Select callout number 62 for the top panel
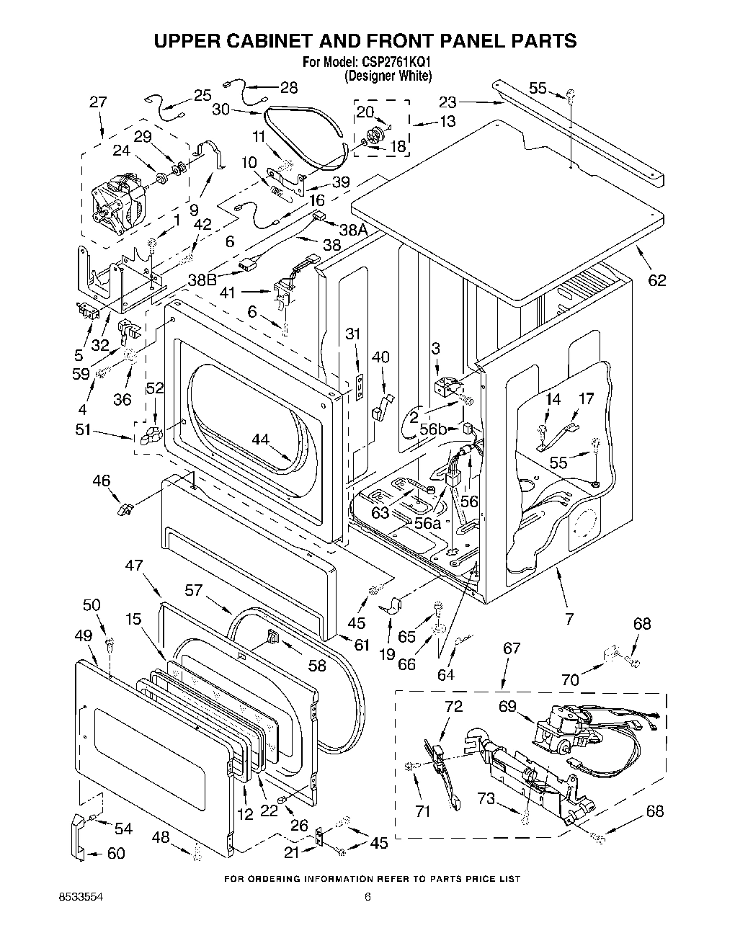pyautogui.click(x=656, y=280)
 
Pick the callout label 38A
pyautogui.click(x=354, y=230)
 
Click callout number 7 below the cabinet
pyautogui.click(x=569, y=617)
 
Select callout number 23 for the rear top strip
pyautogui.click(x=448, y=102)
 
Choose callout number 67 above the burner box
pyautogui.click(x=511, y=648)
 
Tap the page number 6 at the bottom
pyautogui.click(x=367, y=898)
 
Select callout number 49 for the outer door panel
pyautogui.click(x=84, y=635)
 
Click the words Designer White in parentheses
pyautogui.click(x=388, y=75)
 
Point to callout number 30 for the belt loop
pyautogui.click(x=221, y=110)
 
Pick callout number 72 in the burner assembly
pyautogui.click(x=453, y=706)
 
